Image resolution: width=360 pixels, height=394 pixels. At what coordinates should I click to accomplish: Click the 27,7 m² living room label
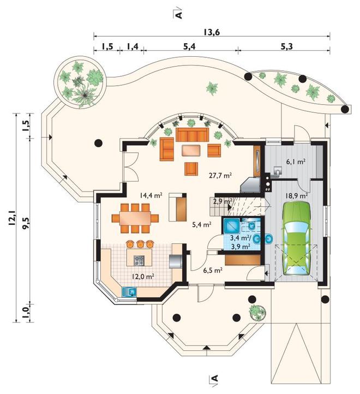click(220, 175)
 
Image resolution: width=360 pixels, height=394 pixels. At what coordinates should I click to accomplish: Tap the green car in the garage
click(297, 238)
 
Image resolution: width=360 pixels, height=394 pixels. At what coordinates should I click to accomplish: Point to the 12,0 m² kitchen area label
click(143, 277)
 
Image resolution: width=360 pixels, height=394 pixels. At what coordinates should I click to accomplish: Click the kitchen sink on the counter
click(129, 292)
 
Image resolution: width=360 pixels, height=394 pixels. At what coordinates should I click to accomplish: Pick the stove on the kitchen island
click(139, 261)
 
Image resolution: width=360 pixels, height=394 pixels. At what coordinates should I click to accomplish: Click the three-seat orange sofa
click(192, 135)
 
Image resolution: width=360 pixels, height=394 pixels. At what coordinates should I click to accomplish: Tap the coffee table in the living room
click(191, 150)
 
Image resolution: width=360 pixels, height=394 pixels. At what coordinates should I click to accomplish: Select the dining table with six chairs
click(135, 218)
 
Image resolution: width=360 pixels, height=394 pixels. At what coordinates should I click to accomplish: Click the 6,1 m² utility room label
click(296, 162)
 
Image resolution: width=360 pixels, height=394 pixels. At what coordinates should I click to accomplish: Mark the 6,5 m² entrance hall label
click(213, 270)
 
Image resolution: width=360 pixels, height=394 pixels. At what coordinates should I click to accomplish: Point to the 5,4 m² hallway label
click(201, 224)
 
